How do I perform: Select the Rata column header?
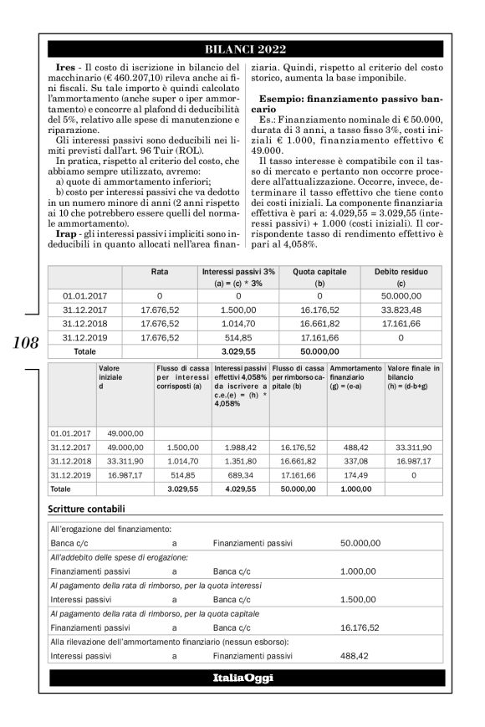click(x=159, y=273)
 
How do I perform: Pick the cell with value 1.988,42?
click(x=240, y=448)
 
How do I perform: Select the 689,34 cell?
click(x=240, y=474)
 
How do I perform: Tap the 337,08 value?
click(x=355, y=461)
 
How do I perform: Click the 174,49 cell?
click(x=355, y=474)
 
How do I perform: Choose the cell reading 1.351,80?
click(x=240, y=461)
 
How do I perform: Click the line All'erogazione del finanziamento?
click(x=110, y=529)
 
